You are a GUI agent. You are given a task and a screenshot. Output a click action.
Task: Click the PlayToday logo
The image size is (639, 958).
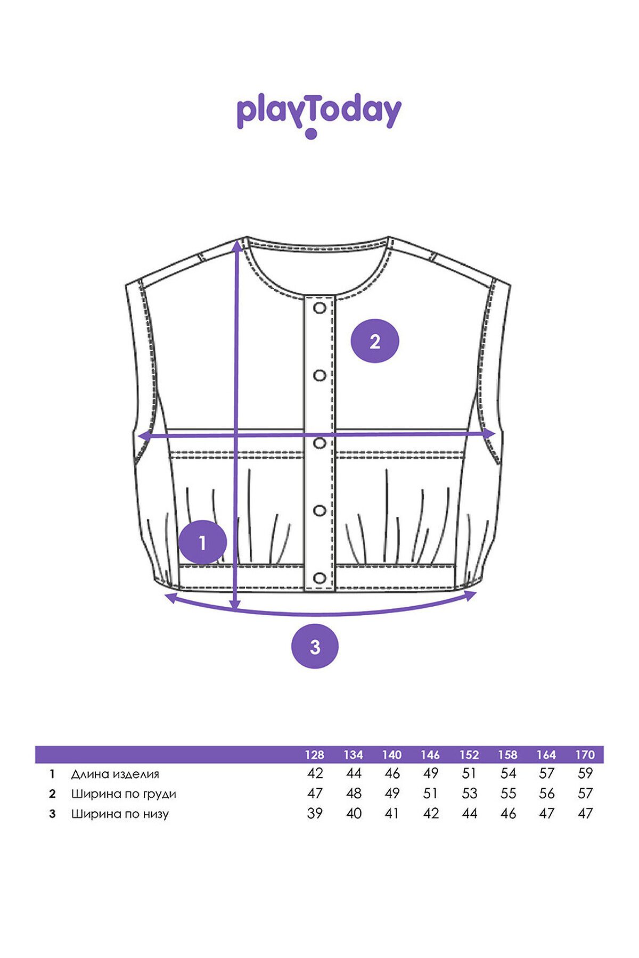[319, 116]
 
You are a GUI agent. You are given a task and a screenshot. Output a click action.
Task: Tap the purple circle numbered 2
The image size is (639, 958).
[375, 341]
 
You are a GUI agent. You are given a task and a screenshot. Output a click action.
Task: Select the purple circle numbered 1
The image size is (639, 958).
[202, 542]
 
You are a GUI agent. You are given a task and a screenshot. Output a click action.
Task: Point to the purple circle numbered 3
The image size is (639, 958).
[315, 646]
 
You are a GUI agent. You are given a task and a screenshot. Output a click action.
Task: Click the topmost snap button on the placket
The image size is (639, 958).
[320, 308]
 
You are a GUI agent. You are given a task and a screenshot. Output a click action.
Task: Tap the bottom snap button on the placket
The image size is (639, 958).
[320, 578]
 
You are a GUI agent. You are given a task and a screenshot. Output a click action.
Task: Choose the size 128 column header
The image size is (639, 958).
[315, 755]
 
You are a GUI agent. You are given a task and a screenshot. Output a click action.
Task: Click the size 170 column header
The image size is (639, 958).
[585, 755]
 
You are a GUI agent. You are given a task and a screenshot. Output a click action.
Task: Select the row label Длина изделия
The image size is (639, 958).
[115, 774]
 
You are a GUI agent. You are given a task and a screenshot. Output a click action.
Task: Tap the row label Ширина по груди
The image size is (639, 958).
[124, 794]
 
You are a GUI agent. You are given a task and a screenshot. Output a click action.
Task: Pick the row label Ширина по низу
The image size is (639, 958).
[120, 814]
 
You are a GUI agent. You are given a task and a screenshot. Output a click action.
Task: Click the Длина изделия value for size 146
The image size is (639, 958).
[431, 773]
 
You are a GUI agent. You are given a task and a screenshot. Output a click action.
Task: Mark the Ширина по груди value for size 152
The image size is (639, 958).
[470, 794]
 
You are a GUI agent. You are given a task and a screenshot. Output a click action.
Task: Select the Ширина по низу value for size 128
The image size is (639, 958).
[315, 813]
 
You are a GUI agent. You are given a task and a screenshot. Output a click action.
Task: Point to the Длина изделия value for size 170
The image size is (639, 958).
[585, 773]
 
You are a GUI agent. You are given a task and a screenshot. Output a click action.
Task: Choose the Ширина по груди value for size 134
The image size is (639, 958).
[354, 794]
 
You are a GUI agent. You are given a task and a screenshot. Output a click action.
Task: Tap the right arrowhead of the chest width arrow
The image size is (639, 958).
[490, 434]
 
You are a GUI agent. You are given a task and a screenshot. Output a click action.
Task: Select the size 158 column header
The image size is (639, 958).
[508, 755]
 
